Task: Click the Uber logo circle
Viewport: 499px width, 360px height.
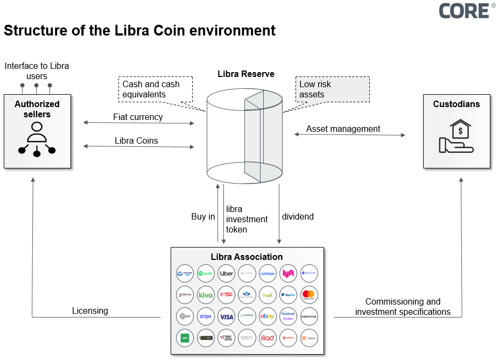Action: click(227, 273)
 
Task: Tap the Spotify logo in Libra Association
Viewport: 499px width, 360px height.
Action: click(206, 273)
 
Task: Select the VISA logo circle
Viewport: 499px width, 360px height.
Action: click(227, 316)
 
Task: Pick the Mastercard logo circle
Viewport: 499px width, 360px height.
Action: click(310, 295)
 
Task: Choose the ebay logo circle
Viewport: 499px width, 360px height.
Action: click(268, 316)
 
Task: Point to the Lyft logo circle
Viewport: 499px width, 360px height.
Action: click(289, 273)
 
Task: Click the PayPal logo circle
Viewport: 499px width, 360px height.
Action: click(289, 295)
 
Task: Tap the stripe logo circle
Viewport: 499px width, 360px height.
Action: click(206, 316)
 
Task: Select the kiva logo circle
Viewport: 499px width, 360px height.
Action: click(206, 295)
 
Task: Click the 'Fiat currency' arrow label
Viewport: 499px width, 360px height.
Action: click(138, 117)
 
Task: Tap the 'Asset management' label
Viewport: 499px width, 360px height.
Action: click(343, 129)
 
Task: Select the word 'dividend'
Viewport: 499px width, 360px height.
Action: click(298, 217)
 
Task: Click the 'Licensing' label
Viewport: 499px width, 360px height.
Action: click(90, 310)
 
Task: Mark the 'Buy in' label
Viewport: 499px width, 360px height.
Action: click(203, 217)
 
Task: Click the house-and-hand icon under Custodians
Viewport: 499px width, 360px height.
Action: click(456, 137)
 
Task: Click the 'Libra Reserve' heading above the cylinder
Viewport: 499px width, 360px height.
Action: click(245, 74)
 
